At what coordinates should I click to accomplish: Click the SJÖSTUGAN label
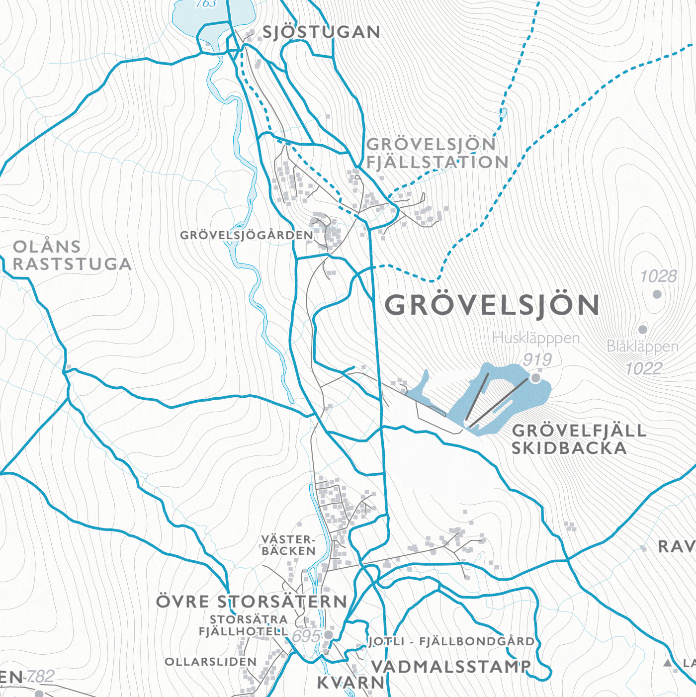pyautogui.click(x=321, y=32)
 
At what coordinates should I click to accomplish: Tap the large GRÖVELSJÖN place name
pyautogui.click(x=492, y=305)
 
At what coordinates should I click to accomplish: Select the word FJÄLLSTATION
pyautogui.click(x=437, y=162)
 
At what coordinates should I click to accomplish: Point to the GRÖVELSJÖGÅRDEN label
pyautogui.click(x=247, y=235)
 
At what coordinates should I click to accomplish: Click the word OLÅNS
pyautogui.click(x=47, y=247)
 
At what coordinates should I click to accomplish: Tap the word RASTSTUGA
pyautogui.click(x=72, y=264)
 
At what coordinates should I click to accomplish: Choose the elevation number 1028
pyautogui.click(x=658, y=276)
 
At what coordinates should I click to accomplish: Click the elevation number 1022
pyautogui.click(x=644, y=368)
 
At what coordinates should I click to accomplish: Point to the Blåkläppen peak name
pyautogui.click(x=643, y=347)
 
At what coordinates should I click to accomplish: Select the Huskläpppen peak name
pyautogui.click(x=536, y=338)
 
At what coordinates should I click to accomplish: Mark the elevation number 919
pyautogui.click(x=537, y=359)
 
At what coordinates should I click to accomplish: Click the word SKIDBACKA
pyautogui.click(x=569, y=448)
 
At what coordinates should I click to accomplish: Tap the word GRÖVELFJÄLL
pyautogui.click(x=579, y=431)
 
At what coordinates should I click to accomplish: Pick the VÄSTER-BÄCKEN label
pyautogui.click(x=289, y=545)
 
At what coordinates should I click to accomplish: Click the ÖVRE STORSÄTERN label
pyautogui.click(x=252, y=602)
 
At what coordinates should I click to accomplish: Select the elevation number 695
pyautogui.click(x=306, y=636)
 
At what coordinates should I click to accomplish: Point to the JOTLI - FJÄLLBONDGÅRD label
pyautogui.click(x=451, y=641)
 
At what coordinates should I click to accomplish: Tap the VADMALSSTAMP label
pyautogui.click(x=451, y=667)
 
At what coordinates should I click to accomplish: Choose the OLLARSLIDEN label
pyautogui.click(x=211, y=662)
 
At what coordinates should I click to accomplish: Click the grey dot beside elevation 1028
pyautogui.click(x=657, y=294)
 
